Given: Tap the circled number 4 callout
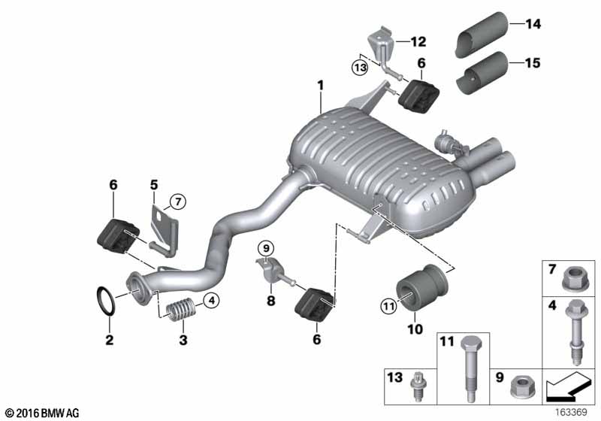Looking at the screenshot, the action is pyautogui.click(x=212, y=300).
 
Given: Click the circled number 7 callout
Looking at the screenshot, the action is pyautogui.click(x=178, y=201).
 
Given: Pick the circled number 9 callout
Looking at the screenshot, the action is pyautogui.click(x=266, y=248).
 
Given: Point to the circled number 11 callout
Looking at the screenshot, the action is pyautogui.click(x=388, y=306).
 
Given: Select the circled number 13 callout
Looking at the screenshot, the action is pyautogui.click(x=360, y=68).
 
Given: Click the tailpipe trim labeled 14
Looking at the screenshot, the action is pyautogui.click(x=482, y=35).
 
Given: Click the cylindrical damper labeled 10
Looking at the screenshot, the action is pyautogui.click(x=421, y=286).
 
